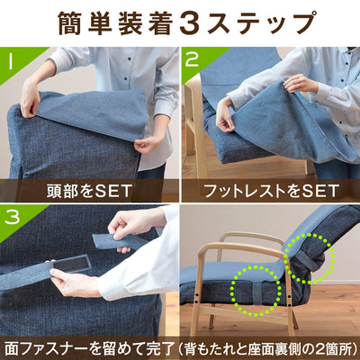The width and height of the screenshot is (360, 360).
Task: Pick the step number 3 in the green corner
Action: click(x=11, y=217)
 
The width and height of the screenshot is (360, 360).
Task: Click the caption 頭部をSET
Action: click(x=87, y=190)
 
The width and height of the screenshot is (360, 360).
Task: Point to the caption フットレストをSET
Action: click(x=270, y=190)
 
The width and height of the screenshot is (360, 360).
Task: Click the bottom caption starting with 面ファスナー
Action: click(x=180, y=346)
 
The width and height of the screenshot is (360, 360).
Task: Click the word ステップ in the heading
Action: click(x=261, y=22)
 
